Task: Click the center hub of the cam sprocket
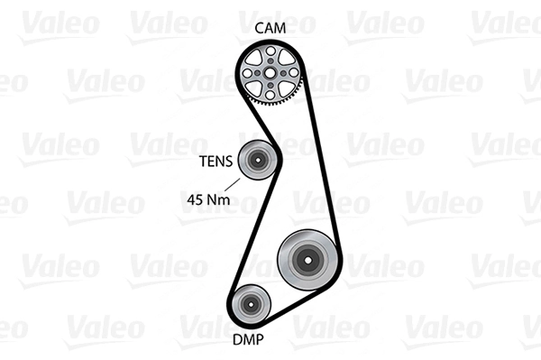click(x=270, y=73)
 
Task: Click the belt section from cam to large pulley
click(x=321, y=162)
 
